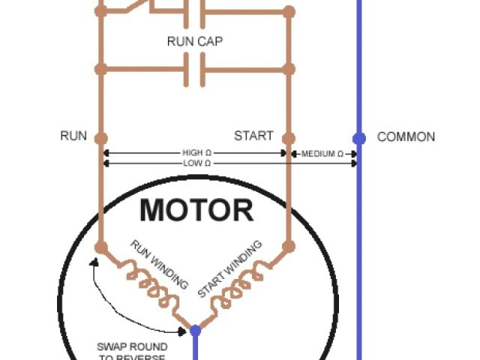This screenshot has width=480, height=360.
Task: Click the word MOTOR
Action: (196, 210)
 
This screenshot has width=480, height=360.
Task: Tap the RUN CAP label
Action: (195, 41)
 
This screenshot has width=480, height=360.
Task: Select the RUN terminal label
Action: (73, 136)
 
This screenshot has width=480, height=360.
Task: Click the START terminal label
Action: (253, 136)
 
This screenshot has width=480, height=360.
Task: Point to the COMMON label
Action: (406, 137)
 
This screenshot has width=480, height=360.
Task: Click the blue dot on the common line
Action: (359, 138)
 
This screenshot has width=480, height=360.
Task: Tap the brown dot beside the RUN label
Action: (101, 138)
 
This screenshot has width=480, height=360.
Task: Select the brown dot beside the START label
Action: (289, 138)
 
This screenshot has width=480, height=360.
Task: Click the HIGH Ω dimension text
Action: (196, 152)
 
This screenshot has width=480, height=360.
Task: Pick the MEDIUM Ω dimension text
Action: (322, 154)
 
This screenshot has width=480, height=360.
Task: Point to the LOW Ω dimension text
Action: (196, 163)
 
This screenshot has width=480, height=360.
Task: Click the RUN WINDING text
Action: (159, 264)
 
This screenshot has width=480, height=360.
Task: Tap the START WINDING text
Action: (230, 268)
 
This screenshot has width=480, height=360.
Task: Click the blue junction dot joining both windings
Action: (195, 330)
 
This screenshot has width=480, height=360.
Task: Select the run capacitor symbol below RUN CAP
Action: (195, 71)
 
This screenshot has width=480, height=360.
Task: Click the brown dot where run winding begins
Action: (101, 246)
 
